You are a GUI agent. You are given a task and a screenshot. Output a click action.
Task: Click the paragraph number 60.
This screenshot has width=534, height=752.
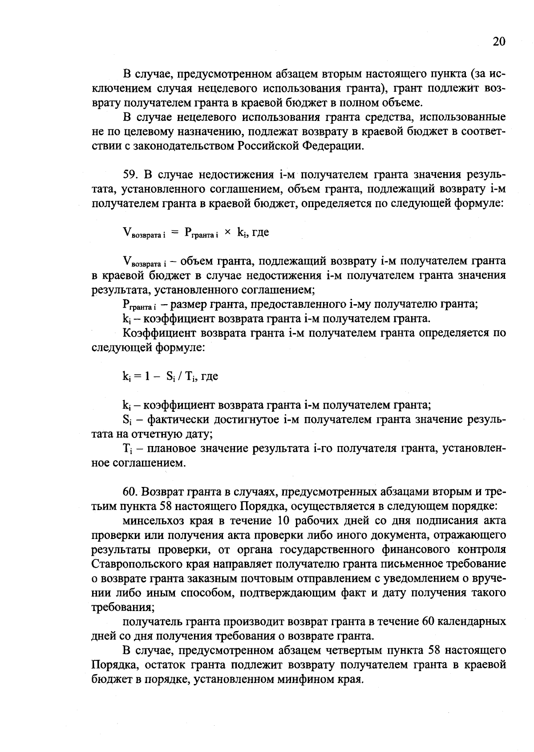point(132,492)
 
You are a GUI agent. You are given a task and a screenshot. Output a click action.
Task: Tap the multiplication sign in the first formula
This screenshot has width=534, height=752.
point(227,233)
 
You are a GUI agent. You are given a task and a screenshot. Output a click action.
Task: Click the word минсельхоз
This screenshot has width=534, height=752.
point(152,521)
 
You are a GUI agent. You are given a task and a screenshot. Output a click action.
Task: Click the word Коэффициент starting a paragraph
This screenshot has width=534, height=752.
point(159,333)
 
